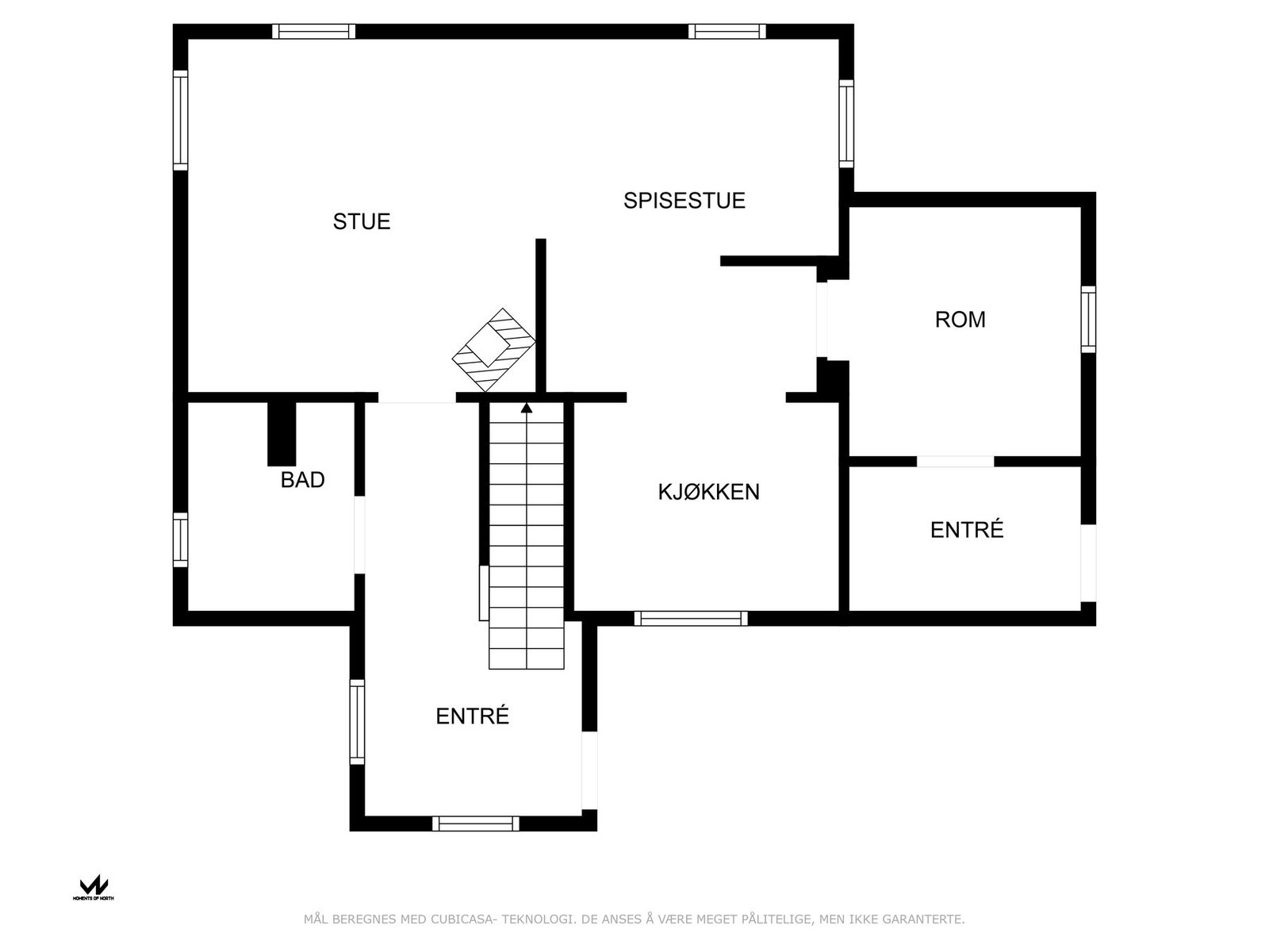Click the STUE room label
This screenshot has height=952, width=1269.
[362, 221]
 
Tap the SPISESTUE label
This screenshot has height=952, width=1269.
[684, 201]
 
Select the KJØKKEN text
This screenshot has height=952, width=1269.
[708, 492]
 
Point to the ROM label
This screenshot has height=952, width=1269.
[960, 320]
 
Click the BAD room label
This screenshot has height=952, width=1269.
[302, 480]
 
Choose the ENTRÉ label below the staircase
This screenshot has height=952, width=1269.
[472, 716]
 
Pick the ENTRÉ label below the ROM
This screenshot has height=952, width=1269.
[966, 530]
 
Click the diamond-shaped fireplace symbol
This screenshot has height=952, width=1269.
[493, 349]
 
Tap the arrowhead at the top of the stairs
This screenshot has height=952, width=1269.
[527, 408]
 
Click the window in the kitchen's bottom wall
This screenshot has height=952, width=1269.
[690, 618]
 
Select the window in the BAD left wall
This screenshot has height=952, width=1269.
[181, 539]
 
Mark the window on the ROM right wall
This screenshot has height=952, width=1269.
[1088, 319]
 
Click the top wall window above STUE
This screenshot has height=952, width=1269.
[313, 32]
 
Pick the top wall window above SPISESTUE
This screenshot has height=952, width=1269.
[727, 32]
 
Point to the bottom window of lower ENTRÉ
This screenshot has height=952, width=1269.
[475, 823]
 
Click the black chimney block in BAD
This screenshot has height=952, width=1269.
[281, 433]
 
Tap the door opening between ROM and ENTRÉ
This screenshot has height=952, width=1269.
[955, 461]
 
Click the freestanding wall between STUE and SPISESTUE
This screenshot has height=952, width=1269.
[541, 316]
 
